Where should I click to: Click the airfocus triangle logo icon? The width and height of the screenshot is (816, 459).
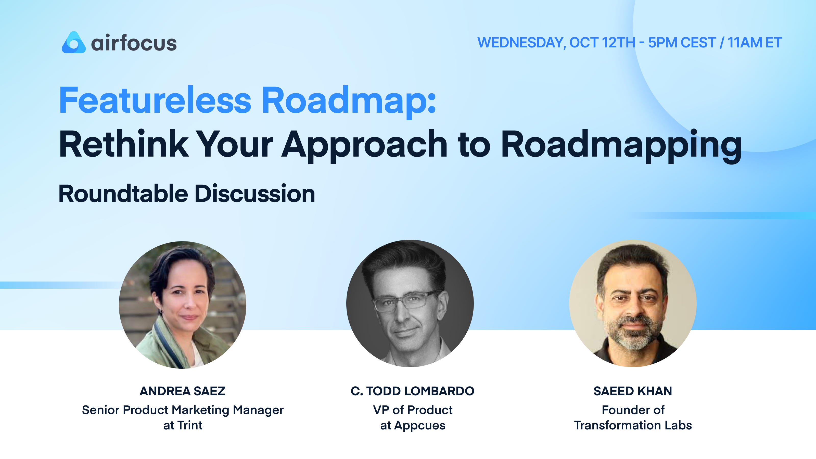[73, 43]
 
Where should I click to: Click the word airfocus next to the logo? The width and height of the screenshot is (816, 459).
[134, 43]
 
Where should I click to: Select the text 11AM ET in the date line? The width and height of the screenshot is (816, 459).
[755, 43]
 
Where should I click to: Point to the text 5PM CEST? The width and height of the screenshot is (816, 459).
[682, 43]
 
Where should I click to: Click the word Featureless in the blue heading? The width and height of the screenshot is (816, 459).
[155, 101]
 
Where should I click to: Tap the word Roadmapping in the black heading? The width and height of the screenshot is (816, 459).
[621, 145]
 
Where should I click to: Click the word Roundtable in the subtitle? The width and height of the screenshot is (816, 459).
[123, 194]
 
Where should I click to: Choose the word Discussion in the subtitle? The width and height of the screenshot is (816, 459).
[255, 194]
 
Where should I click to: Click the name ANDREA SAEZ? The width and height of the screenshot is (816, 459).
[183, 391]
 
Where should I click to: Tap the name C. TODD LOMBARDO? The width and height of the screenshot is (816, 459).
[412, 391]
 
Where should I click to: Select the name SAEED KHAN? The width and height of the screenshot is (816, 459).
[633, 391]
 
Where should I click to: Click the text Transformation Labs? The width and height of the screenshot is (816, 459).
[633, 425]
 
